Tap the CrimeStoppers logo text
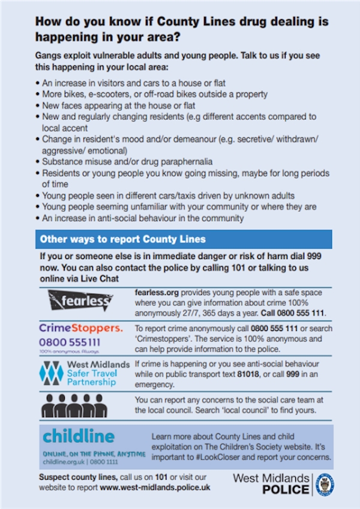[x=80, y=328]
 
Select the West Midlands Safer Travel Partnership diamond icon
[x=51, y=374]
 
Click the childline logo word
[x=78, y=436]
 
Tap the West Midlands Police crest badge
[x=325, y=484]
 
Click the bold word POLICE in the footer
[x=286, y=490]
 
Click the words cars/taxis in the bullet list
[x=161, y=195]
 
